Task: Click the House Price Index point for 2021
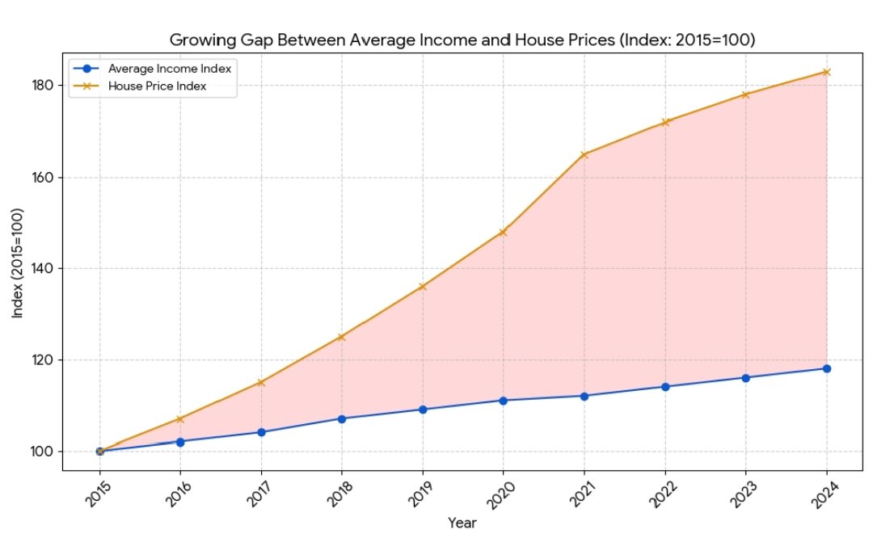[584, 154]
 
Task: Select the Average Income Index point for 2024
[826, 368]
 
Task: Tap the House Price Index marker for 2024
[826, 72]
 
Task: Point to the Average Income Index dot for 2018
[341, 418]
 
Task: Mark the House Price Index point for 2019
[422, 286]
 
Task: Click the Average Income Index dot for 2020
[503, 401]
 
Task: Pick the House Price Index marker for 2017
[260, 382]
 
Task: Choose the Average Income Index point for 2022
[664, 387]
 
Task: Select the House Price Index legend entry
[158, 86]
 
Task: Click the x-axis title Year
[462, 523]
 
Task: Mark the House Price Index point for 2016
[179, 419]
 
